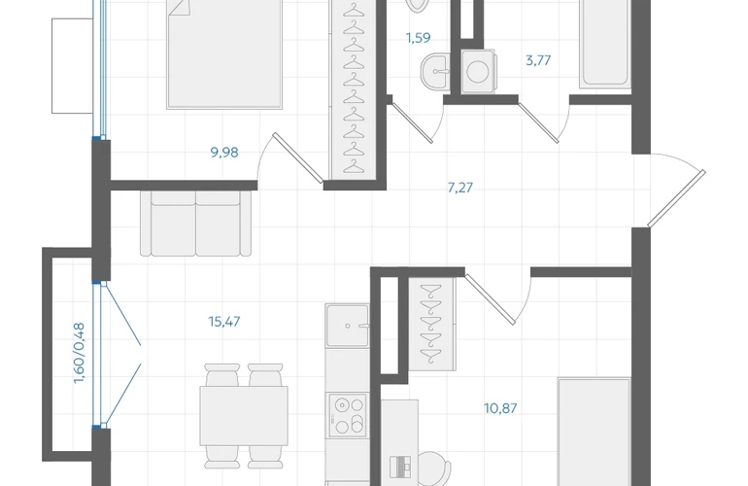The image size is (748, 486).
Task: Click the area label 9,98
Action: point(224,153)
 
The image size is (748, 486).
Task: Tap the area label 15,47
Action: point(224,322)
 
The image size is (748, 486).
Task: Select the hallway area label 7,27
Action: point(459,188)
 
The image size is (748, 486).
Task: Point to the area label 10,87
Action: point(500,408)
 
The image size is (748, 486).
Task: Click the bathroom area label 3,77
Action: point(538,60)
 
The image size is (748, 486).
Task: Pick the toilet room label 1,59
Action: point(419,37)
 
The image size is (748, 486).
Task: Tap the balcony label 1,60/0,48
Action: point(80,353)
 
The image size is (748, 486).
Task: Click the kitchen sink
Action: point(348,325)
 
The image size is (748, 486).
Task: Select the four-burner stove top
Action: point(347,415)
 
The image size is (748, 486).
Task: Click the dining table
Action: point(244,416)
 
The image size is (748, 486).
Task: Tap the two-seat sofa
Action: point(195,224)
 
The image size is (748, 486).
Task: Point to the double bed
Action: point(224,54)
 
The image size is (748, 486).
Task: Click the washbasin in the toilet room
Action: point(435,71)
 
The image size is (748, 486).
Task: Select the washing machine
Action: point(479,71)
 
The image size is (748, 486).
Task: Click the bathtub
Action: point(605,44)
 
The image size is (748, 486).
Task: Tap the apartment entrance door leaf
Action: point(676,198)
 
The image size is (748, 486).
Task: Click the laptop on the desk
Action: point(400,467)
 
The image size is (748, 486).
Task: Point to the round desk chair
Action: point(433,468)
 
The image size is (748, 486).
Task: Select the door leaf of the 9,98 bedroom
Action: point(298,158)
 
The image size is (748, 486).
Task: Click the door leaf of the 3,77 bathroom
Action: point(538,122)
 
